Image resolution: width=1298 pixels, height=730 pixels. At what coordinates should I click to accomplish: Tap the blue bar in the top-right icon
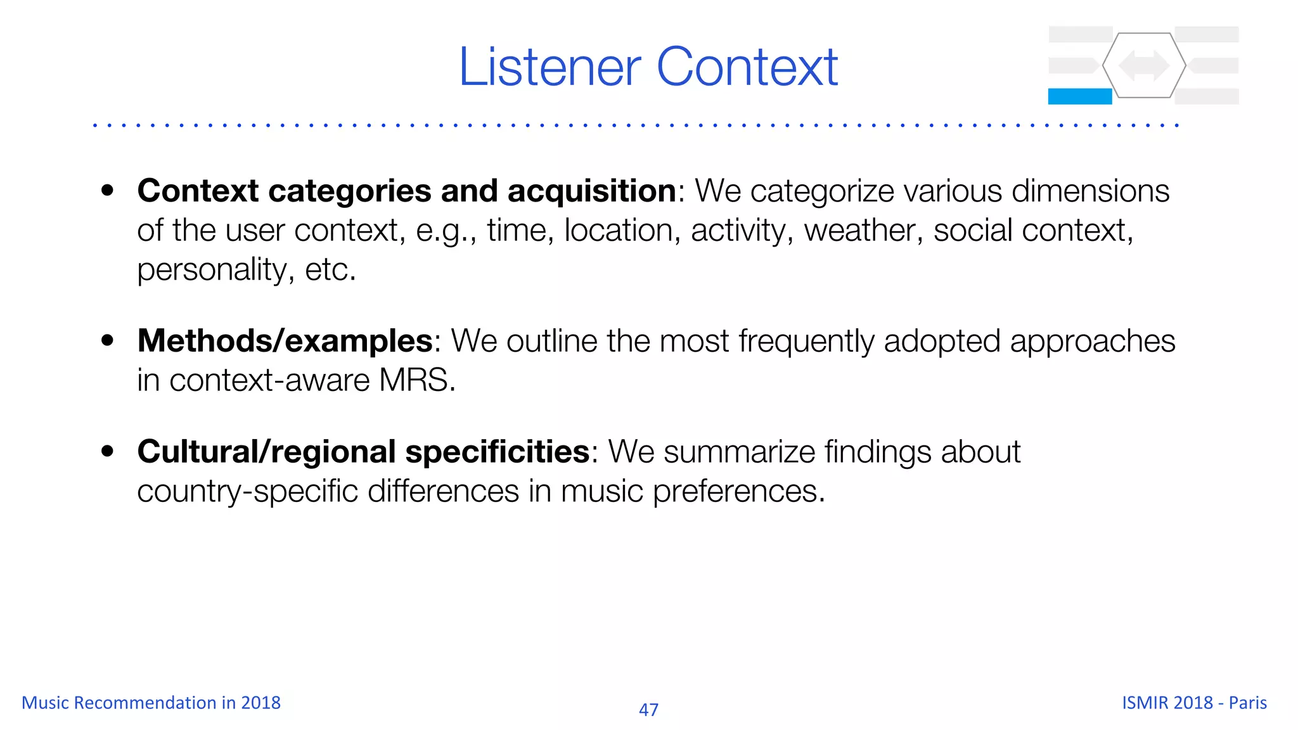pyautogui.click(x=1079, y=96)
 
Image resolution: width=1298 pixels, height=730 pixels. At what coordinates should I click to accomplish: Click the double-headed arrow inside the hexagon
pyautogui.click(x=1143, y=65)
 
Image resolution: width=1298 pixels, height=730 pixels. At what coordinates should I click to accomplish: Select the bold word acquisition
pyautogui.click(x=592, y=191)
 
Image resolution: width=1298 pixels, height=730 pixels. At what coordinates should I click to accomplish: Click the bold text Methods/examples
pyautogui.click(x=285, y=341)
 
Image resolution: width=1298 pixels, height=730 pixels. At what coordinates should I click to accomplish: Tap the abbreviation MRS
pyautogui.click(x=416, y=381)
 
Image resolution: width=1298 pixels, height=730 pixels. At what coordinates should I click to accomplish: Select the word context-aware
pyautogui.click(x=269, y=381)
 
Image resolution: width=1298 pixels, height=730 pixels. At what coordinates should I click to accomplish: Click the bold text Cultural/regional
pyautogui.click(x=266, y=452)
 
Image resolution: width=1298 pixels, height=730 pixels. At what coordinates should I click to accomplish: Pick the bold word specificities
pyautogui.click(x=498, y=452)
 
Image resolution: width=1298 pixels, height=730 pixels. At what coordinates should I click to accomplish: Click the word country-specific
pyautogui.click(x=247, y=492)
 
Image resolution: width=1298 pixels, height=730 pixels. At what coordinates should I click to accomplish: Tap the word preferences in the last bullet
pyautogui.click(x=738, y=492)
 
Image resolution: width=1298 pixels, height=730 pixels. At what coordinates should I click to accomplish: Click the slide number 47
pyautogui.click(x=648, y=710)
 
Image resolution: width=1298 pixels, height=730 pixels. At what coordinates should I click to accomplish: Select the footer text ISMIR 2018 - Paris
pyautogui.click(x=1194, y=703)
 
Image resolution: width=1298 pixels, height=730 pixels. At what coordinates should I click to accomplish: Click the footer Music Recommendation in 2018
pyautogui.click(x=151, y=703)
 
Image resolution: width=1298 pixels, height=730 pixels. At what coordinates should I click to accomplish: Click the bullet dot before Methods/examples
pyautogui.click(x=108, y=340)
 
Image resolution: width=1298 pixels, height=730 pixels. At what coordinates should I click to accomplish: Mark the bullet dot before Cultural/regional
pyautogui.click(x=108, y=451)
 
